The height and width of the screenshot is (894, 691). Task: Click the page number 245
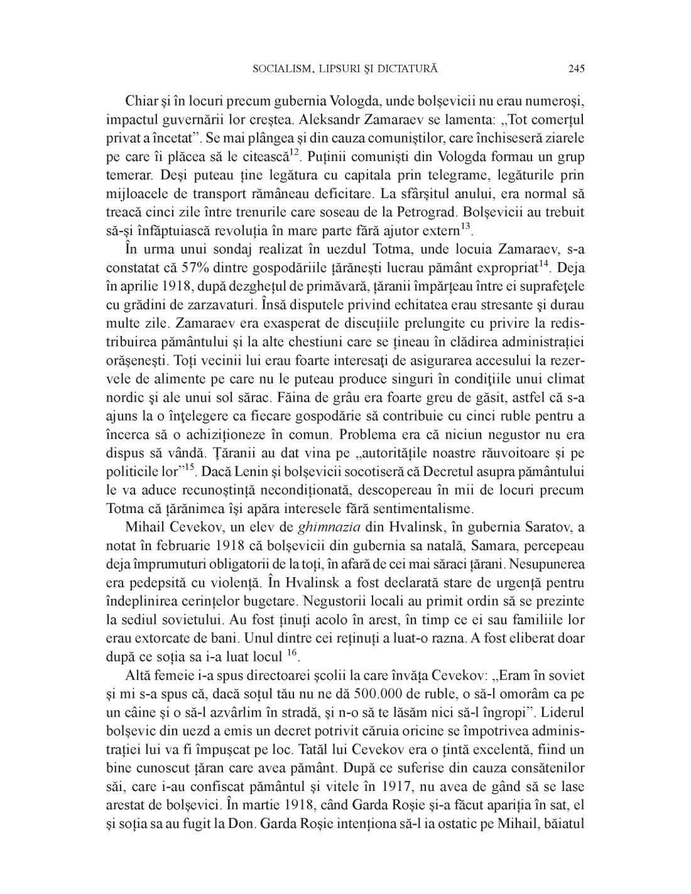click(x=576, y=69)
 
